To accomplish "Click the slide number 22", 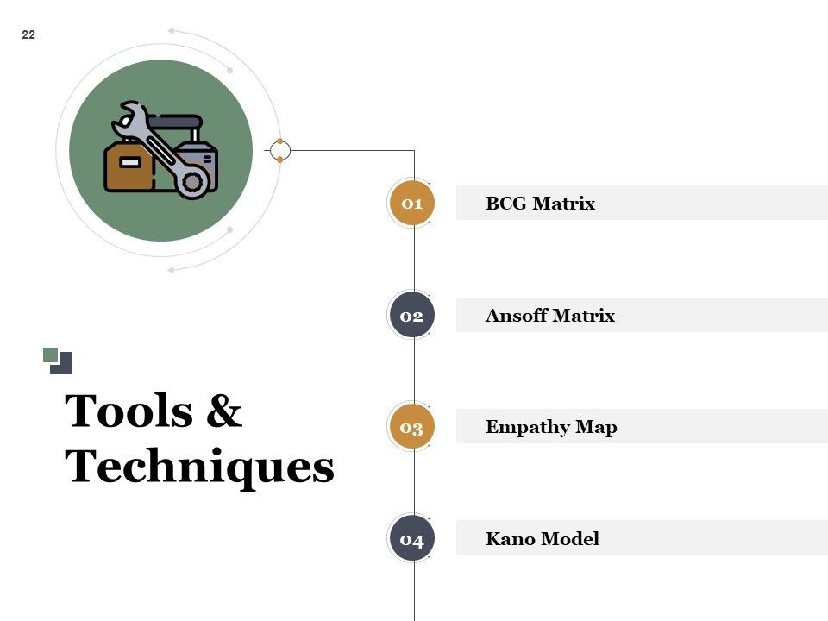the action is [28, 34].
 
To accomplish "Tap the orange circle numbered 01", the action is [412, 204].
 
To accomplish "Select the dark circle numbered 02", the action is [412, 316].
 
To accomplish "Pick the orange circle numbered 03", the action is [412, 427].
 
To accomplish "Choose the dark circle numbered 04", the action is [412, 539].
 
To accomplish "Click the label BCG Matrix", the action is [540, 204].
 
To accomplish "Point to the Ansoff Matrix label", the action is [550, 316].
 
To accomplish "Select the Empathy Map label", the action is [551, 427].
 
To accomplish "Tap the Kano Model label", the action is [543, 539].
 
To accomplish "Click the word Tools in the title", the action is [129, 411].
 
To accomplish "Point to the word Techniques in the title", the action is [199, 467].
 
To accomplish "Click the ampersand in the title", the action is [224, 411].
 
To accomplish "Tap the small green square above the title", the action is [50, 354].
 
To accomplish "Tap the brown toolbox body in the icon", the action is [129, 166].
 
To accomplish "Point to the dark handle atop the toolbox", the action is [175, 122].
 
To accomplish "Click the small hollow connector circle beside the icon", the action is [279, 150].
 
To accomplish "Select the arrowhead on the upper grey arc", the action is [171, 31].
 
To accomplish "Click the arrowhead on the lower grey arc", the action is [171, 270].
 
